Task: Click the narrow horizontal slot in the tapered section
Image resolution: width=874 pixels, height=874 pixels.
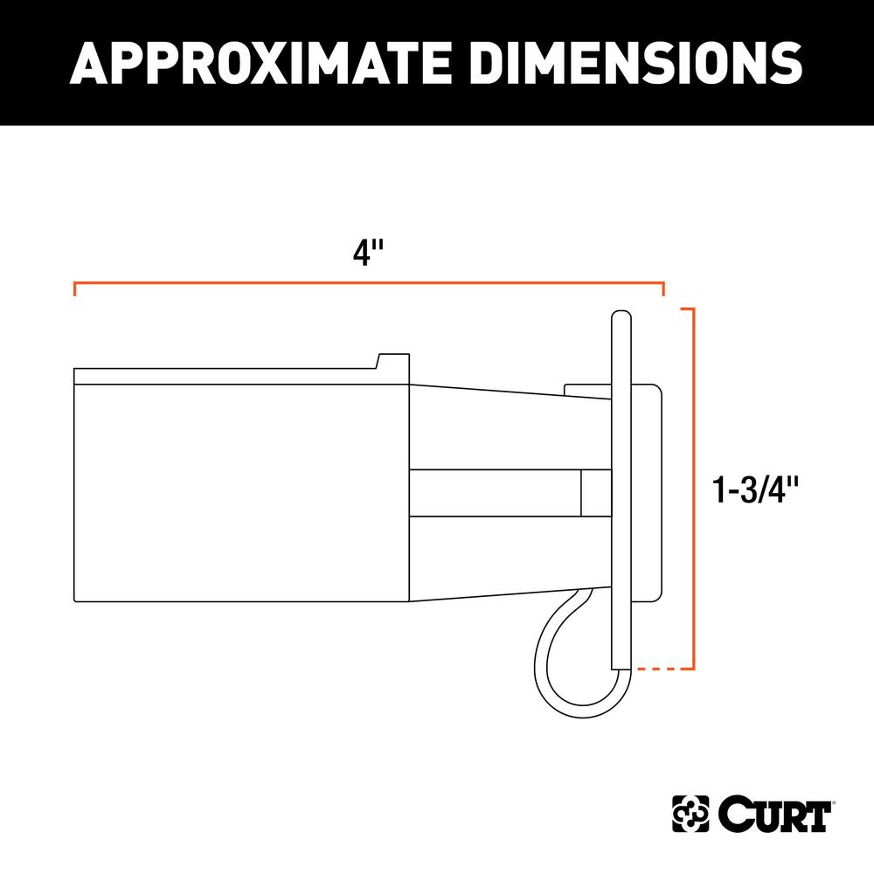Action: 494,492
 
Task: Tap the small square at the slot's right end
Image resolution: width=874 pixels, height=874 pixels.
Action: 595,492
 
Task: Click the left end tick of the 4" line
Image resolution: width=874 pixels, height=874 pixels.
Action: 75,289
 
